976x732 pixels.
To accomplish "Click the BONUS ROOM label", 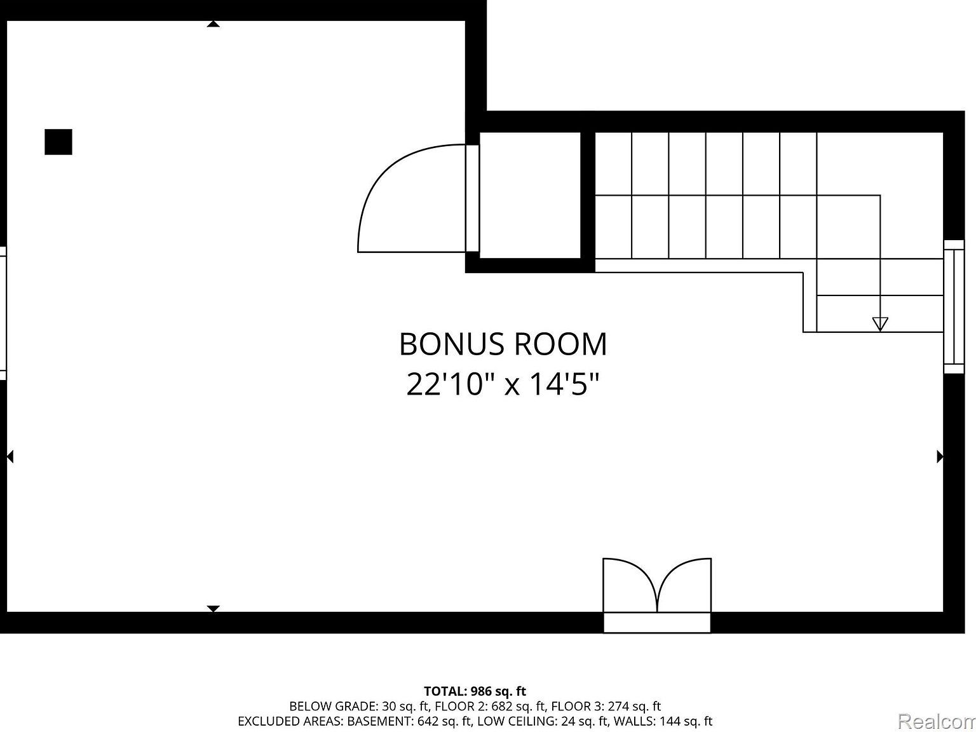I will [x=503, y=344].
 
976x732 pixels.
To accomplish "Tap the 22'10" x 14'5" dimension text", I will [x=503, y=384].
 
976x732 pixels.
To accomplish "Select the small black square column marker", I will [x=58, y=142].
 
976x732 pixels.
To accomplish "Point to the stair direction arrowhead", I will [x=879, y=323].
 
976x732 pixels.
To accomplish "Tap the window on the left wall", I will [x=3, y=313].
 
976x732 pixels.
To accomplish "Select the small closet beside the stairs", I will [x=530, y=195].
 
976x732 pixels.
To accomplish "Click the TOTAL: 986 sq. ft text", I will [x=475, y=691].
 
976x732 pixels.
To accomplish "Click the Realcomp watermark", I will [x=938, y=721].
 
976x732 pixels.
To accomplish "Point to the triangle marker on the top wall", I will [x=213, y=24].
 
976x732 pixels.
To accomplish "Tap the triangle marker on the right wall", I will [x=940, y=456].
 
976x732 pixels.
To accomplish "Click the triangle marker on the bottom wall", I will [x=213, y=609].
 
